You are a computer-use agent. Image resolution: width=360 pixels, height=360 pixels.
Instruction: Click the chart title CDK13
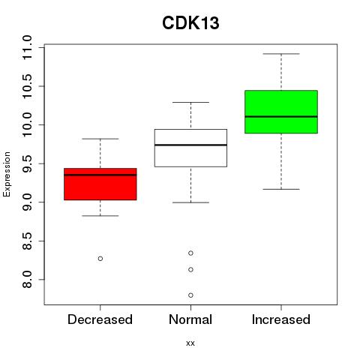190,23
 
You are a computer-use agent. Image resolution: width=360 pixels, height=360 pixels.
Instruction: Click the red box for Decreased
100,184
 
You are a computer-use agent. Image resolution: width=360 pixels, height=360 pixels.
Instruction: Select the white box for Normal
190,148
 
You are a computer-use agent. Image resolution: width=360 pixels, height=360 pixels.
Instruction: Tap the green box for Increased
281,112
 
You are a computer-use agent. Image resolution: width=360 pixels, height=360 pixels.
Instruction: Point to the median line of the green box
281,116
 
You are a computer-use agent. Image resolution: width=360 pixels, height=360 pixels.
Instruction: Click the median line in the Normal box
190,145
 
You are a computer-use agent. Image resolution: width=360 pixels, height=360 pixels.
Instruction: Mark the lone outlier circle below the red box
100,259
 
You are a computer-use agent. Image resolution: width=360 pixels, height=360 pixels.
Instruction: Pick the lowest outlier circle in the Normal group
190,295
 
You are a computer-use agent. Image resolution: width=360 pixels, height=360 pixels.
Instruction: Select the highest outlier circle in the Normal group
190,253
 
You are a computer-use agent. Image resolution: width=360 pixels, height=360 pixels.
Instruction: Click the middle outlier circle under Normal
190,269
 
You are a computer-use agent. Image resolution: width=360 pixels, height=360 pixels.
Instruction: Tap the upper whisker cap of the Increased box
281,54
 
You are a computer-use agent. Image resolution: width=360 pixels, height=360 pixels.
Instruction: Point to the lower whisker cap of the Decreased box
100,215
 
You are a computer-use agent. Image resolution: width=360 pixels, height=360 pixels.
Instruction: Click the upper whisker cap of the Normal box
190,102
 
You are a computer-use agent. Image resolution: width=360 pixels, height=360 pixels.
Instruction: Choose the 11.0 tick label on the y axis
27,47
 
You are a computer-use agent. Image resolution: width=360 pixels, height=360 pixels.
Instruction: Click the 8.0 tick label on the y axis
27,280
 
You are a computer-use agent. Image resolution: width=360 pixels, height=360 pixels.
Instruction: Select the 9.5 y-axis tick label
27,163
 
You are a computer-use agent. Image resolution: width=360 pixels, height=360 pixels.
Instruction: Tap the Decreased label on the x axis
100,319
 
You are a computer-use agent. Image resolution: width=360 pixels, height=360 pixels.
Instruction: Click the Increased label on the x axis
281,319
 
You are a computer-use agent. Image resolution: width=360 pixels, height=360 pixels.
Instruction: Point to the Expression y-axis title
7,174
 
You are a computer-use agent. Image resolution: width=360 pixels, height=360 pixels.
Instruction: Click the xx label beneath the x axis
190,343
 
